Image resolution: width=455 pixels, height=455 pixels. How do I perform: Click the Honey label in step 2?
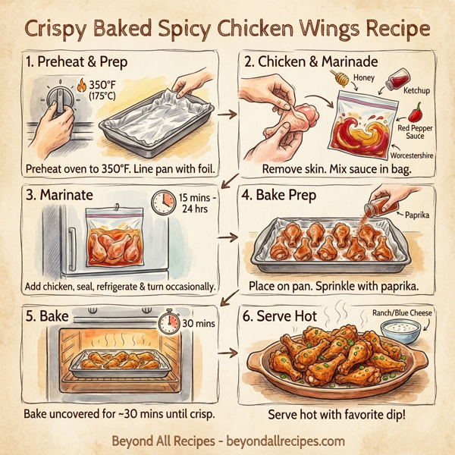pyautogui.click(x=364, y=77)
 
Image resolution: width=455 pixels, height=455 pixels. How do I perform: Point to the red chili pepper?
pyautogui.click(x=416, y=115)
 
